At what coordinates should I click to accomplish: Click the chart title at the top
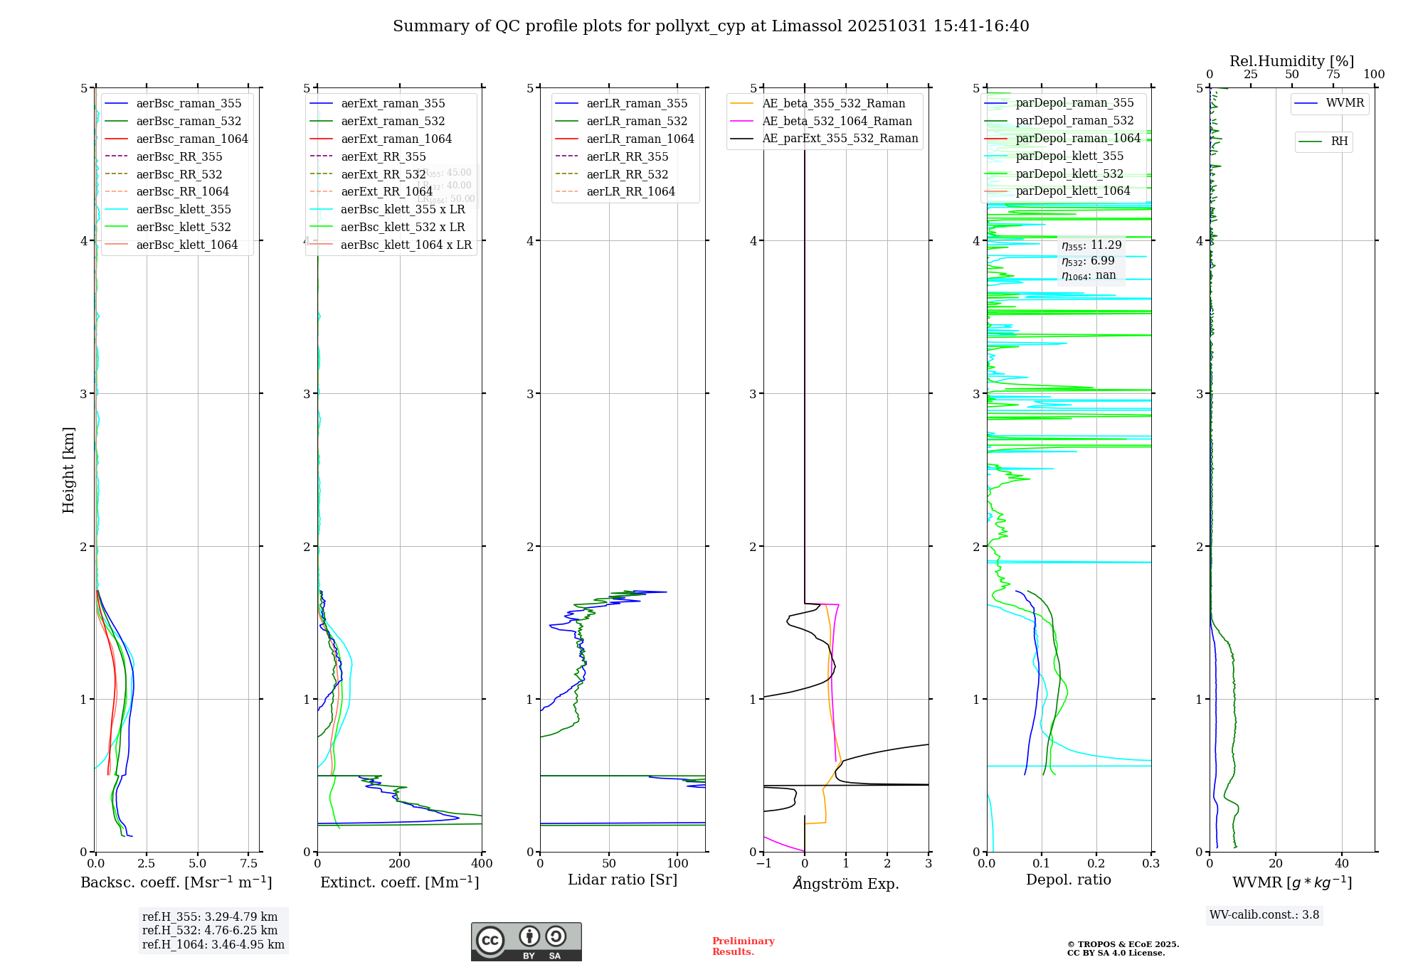(x=711, y=26)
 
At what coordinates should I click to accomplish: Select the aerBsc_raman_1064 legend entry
(x=191, y=139)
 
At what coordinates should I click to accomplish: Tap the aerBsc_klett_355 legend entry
(x=183, y=209)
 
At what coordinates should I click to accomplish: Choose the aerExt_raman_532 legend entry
(x=393, y=121)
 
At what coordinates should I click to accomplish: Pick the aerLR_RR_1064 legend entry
(x=630, y=191)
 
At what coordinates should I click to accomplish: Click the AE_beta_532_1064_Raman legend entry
(x=837, y=121)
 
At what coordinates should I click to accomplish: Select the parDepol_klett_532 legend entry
(x=1069, y=173)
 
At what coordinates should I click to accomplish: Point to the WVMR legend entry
(x=1344, y=103)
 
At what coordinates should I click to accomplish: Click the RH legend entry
(x=1338, y=141)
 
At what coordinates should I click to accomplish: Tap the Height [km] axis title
(x=68, y=470)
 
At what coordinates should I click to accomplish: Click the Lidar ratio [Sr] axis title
(x=623, y=880)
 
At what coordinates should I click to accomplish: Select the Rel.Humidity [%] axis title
(x=1291, y=61)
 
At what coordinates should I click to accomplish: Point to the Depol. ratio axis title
(x=1068, y=880)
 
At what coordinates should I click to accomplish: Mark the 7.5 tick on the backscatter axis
(x=249, y=863)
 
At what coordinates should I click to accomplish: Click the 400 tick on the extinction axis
(x=482, y=863)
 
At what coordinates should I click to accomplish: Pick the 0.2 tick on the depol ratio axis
(x=1096, y=863)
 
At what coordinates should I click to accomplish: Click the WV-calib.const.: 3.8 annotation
(x=1264, y=915)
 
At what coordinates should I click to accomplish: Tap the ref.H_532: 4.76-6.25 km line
(x=210, y=931)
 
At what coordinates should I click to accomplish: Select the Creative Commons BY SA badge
(x=526, y=941)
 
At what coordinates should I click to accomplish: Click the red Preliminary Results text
(x=743, y=946)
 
